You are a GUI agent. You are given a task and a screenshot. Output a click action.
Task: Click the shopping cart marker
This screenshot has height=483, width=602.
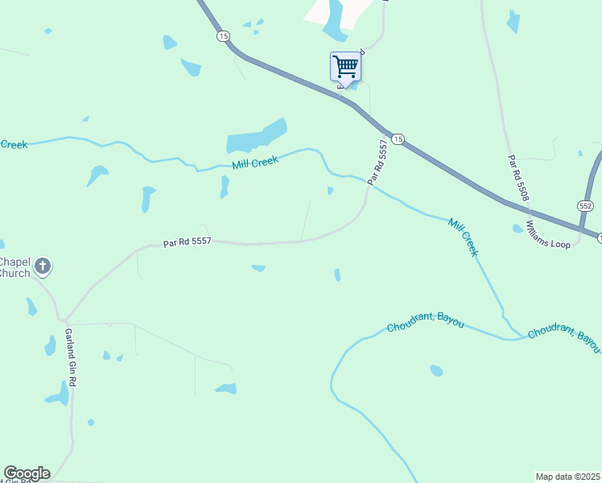click(345, 66)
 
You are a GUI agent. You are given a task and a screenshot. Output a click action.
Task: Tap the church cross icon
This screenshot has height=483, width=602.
click(43, 265)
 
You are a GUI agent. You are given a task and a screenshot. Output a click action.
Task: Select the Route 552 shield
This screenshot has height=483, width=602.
click(585, 206)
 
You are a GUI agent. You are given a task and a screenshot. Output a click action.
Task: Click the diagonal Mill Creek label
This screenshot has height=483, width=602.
click(464, 237)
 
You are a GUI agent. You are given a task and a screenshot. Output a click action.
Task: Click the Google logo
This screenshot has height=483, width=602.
click(27, 473)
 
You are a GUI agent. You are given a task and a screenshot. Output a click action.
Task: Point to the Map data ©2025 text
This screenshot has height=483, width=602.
click(567, 477)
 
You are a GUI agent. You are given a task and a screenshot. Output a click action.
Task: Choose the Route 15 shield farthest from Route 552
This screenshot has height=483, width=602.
click(223, 36)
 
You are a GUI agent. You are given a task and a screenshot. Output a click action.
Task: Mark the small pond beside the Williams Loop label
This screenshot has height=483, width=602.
click(517, 229)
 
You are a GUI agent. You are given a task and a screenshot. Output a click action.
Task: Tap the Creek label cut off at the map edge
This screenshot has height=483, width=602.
click(14, 145)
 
